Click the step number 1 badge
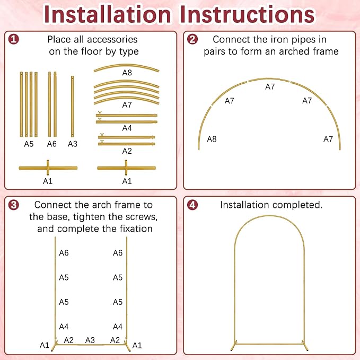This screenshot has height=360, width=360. [x=14, y=39]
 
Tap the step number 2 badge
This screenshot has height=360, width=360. [x=192, y=39]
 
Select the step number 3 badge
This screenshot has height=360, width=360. [x=14, y=205]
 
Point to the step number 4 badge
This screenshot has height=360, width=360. [x=192, y=205]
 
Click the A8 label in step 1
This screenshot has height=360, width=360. [x=127, y=73]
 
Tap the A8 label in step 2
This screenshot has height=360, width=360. [x=212, y=139]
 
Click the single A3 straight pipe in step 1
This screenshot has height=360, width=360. [x=73, y=106]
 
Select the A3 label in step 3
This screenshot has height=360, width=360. [x=90, y=340]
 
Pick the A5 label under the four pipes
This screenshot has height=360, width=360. [x=29, y=144]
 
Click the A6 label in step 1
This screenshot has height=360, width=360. [x=51, y=144]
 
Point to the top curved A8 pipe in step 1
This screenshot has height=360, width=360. [x=127, y=67]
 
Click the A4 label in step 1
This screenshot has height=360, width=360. [x=127, y=128]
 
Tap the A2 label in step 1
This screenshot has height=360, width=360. [x=127, y=151]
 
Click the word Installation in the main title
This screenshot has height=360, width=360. [x=108, y=14]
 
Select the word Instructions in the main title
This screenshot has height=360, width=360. [x=248, y=14]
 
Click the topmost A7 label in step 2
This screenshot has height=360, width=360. [x=270, y=87]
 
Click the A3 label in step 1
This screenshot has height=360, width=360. [x=73, y=144]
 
